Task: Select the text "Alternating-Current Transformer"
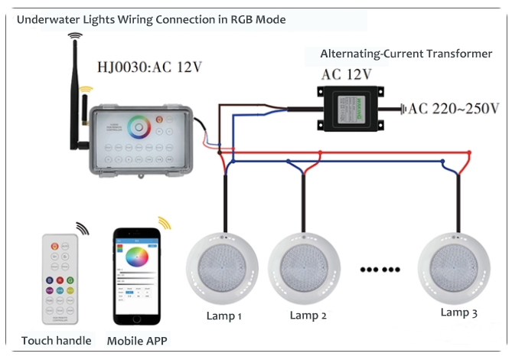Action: pos(406,54)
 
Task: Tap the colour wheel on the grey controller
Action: pos(140,126)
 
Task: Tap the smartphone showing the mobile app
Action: pos(139,277)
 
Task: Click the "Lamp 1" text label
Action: pos(224,316)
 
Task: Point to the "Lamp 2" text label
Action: pos(308,316)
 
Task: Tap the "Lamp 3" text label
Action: pos(459,313)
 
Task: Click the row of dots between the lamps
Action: pos(380,270)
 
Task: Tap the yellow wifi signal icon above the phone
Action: pos(165,223)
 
